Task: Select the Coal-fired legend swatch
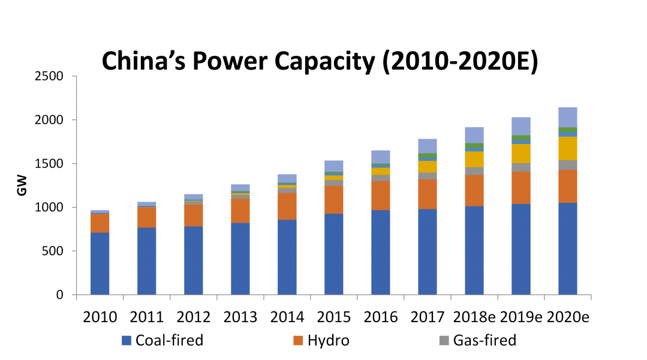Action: [127, 341]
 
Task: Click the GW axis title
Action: [22, 185]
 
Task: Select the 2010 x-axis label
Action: [100, 317]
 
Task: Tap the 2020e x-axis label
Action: [567, 317]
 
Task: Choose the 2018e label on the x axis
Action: [473, 317]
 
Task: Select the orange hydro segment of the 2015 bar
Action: [333, 199]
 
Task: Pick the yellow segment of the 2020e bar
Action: [567, 148]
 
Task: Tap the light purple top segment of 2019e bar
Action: [520, 126]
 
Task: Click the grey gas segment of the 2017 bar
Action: [427, 176]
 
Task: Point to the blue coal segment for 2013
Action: [240, 259]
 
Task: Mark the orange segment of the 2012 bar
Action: [193, 215]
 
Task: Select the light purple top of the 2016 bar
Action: [380, 157]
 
